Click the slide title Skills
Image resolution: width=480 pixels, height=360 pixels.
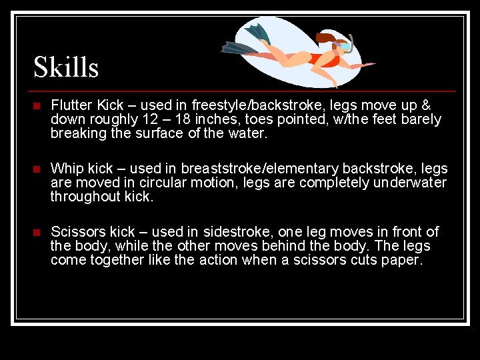click(66, 67)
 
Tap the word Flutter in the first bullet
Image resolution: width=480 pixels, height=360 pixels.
click(71, 105)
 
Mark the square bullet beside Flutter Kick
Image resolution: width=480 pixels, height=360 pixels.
click(37, 106)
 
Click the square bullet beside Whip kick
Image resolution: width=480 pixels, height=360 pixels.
click(37, 169)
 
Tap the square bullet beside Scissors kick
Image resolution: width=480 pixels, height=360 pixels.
click(37, 233)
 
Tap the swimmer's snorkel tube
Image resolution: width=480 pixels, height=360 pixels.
click(349, 42)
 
